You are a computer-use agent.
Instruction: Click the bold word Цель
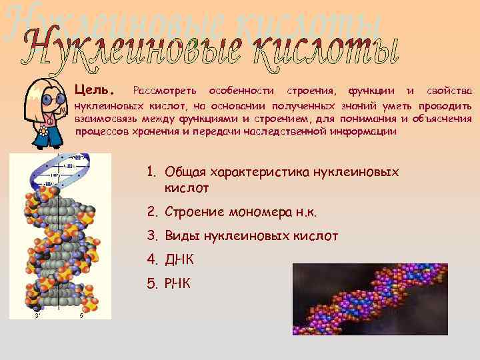(95, 89)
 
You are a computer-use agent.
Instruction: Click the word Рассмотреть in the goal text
(165, 90)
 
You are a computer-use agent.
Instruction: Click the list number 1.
(151, 173)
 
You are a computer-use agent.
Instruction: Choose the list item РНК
(177, 284)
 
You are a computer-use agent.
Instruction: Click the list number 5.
(151, 284)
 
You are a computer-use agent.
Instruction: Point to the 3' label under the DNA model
(39, 316)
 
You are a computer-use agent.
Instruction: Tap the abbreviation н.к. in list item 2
(305, 213)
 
